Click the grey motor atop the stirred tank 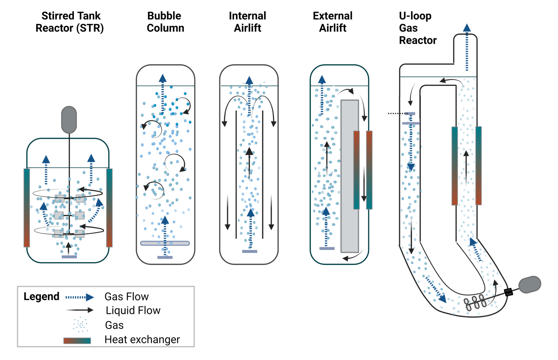pyautogui.click(x=69, y=120)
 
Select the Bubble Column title pyautogui.click(x=165, y=22)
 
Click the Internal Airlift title pyautogui.click(x=248, y=22)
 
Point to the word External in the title pyautogui.click(x=332, y=16)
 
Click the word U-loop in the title pyautogui.click(x=415, y=16)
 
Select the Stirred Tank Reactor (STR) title pyautogui.click(x=70, y=22)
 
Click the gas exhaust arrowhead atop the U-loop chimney pyautogui.click(x=467, y=28)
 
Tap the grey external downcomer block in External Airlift pyautogui.click(x=349, y=176)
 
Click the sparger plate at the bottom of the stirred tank pyautogui.click(x=69, y=257)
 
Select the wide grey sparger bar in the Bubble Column pyautogui.click(x=165, y=243)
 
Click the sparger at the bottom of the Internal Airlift pyautogui.click(x=250, y=251)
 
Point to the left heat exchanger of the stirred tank pyautogui.click(x=27, y=207)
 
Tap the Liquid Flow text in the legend pyautogui.click(x=133, y=311)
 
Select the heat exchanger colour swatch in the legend pyautogui.click(x=77, y=340)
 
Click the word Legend pyautogui.click(x=41, y=296)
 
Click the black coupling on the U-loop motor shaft pyautogui.click(x=508, y=292)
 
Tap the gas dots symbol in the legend pyautogui.click(x=80, y=324)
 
